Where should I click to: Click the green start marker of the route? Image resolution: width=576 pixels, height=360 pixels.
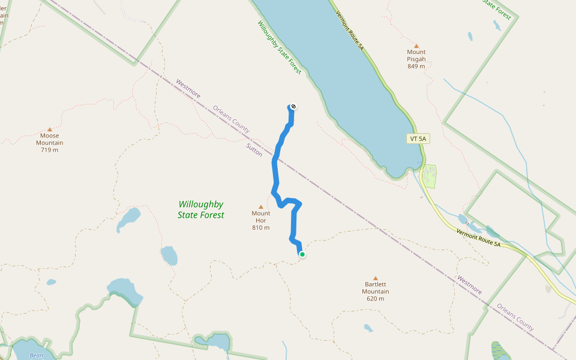click(x=302, y=254)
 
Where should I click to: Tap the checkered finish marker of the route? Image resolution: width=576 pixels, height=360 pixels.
click(x=293, y=107)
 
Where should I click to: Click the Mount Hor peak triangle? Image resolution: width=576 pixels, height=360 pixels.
click(x=261, y=206)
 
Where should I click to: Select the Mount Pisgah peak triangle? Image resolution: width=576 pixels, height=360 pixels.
click(x=416, y=46)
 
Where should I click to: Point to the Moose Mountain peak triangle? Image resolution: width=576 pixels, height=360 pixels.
click(x=49, y=129)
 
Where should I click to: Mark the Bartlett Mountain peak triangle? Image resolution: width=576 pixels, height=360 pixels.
click(x=376, y=278)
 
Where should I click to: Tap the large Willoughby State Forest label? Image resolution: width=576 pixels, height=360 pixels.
click(x=201, y=209)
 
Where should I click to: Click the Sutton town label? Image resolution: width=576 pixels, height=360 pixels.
click(x=254, y=150)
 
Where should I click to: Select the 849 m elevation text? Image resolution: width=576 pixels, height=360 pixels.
click(x=416, y=66)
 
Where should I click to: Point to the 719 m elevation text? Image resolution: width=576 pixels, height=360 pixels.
click(x=49, y=149)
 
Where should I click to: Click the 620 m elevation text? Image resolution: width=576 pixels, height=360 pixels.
click(x=376, y=299)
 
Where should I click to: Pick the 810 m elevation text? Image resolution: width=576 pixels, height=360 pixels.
click(x=261, y=227)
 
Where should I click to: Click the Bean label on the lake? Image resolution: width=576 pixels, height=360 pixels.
click(x=36, y=355)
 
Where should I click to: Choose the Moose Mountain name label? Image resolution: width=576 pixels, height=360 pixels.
click(x=49, y=139)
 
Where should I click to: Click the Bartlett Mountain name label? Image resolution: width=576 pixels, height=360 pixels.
click(x=376, y=288)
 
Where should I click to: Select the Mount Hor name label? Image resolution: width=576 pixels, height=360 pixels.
click(x=261, y=217)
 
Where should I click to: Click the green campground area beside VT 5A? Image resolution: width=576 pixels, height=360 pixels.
click(x=429, y=176)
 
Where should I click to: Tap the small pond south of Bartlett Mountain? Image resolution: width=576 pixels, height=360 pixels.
click(x=368, y=328)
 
